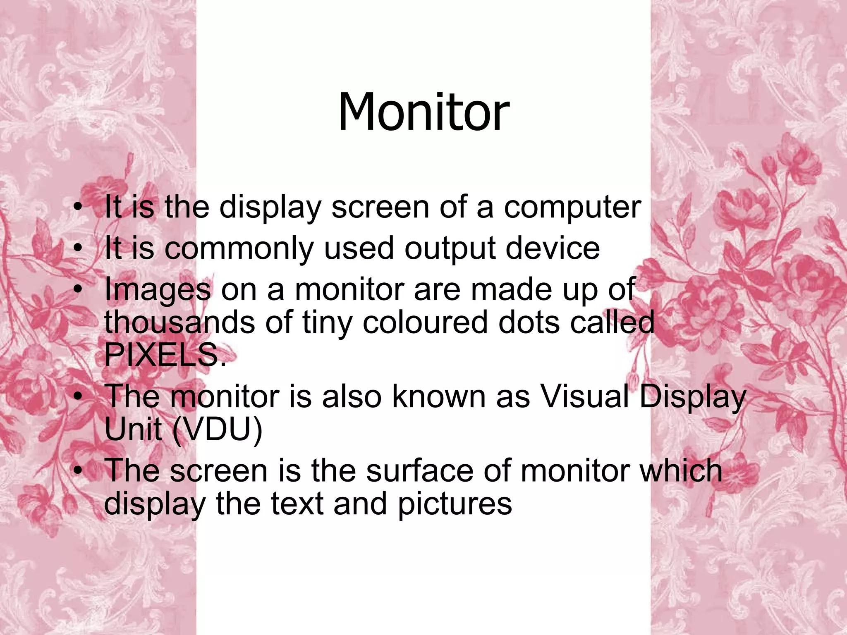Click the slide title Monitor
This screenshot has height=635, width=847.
(x=423, y=112)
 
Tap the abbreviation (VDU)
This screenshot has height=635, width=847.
(x=217, y=430)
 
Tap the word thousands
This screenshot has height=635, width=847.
(x=179, y=322)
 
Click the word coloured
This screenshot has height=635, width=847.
(x=426, y=322)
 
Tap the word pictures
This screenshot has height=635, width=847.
(x=455, y=504)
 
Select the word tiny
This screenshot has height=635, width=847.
(x=327, y=323)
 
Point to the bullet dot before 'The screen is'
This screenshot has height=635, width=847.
(x=77, y=471)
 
